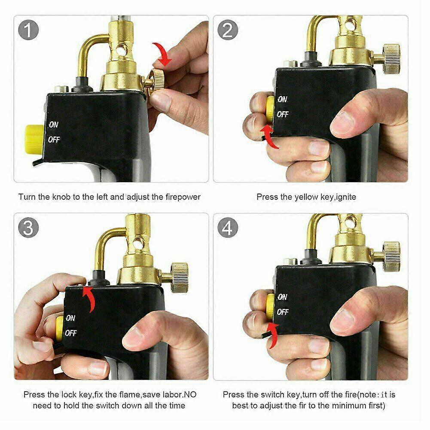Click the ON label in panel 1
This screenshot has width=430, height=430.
point(54,125)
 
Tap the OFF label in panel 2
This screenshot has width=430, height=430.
point(283,115)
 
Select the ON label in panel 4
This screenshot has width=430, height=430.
point(282,297)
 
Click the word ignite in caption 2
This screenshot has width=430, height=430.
point(346,197)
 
